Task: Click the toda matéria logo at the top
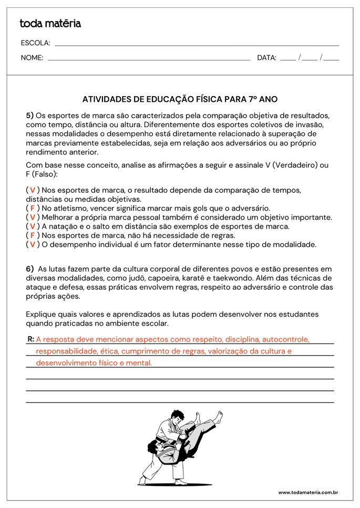[50, 24]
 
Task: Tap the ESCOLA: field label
[35, 43]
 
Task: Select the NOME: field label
[32, 58]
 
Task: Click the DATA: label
[266, 58]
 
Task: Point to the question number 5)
[29, 115]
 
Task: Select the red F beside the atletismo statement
[33, 208]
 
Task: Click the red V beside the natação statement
[33, 226]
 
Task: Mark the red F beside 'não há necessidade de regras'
[33, 235]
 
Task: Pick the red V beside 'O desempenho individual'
[33, 244]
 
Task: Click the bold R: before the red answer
[30, 339]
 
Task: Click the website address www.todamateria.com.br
[307, 492]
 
